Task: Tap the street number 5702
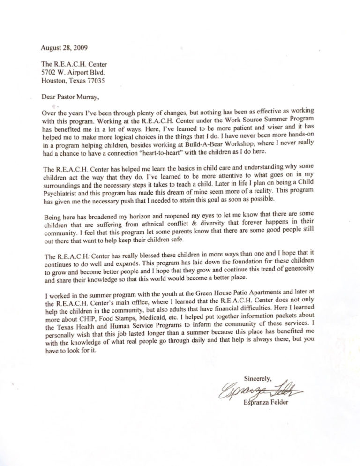click(51, 73)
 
